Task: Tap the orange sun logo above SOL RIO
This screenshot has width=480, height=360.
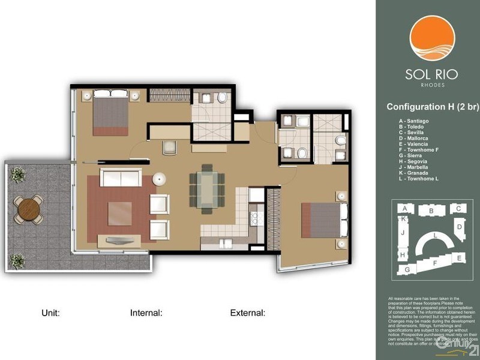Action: point(431,37)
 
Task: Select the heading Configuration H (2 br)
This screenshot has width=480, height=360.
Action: point(432,107)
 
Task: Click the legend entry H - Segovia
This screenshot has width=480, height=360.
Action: point(415,163)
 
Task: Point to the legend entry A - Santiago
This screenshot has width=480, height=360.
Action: point(415,121)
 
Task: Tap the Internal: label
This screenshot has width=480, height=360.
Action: point(146,313)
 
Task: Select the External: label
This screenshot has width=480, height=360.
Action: point(247,313)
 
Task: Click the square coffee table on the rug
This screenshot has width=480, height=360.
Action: point(120,213)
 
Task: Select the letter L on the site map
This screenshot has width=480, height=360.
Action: point(436,236)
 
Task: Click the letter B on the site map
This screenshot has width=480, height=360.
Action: point(431,211)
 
